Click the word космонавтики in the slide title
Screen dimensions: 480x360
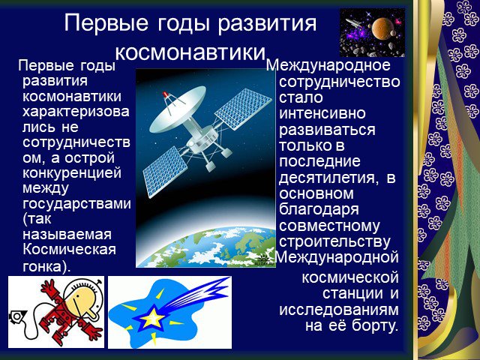coord(190,52)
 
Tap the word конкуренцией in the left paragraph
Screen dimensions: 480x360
coord(72,173)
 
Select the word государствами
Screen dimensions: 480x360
coord(76,204)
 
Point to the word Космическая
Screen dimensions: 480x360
coord(69,249)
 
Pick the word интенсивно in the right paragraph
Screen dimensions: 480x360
coord(322,113)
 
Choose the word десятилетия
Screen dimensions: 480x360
coord(327,178)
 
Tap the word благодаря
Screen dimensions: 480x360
coord(319,210)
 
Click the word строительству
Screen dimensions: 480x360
coord(335,241)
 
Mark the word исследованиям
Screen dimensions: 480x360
coord(339,310)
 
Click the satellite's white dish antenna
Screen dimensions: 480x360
coord(178,108)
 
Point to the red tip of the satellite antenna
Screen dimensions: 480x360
coord(165,94)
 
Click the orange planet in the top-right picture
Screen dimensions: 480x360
coord(381,28)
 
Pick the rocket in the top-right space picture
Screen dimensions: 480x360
coord(354,22)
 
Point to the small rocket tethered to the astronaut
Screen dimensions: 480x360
coord(17,316)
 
